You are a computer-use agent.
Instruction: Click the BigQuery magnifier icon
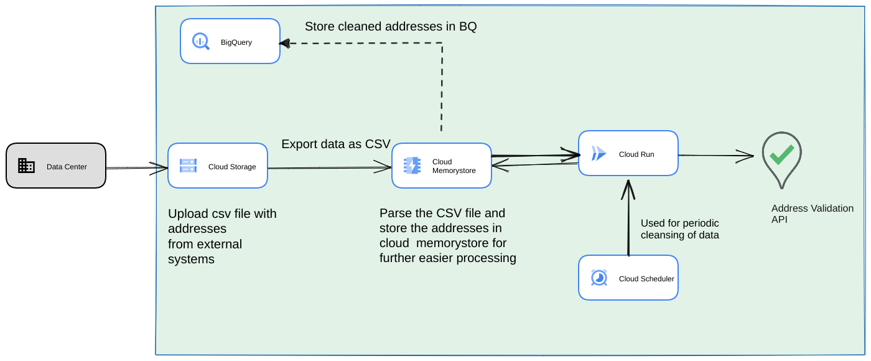point(201,42)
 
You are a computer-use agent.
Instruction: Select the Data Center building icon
point(26,166)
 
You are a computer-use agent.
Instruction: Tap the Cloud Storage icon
point(188,166)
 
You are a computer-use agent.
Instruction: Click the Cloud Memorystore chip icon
point(412,166)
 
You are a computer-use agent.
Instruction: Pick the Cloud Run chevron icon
point(599,153)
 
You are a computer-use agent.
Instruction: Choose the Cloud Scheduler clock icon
point(599,278)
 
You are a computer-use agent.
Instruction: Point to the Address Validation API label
point(812,213)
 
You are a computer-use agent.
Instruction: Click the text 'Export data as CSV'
point(336,144)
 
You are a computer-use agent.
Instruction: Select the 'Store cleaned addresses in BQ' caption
point(391,27)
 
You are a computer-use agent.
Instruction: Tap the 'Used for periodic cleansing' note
point(680,229)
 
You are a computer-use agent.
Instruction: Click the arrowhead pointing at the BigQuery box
point(285,43)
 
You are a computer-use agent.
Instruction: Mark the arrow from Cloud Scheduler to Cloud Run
point(628,218)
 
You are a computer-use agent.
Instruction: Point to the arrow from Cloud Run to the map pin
point(715,155)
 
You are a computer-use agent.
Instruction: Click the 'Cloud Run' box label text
point(636,154)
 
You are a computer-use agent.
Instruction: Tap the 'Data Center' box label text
point(67,167)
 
